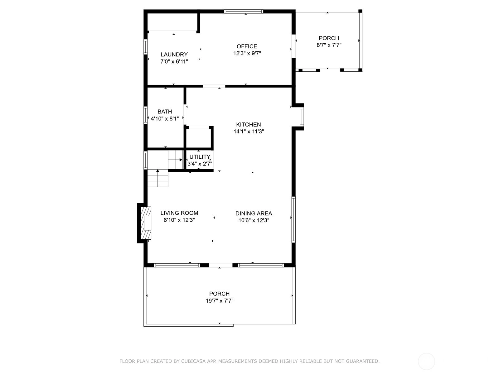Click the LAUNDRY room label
coord(174,55)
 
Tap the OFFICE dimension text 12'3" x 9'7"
coord(247,53)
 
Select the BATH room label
coord(165,112)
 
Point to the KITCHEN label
coord(249,124)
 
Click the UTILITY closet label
coord(200,157)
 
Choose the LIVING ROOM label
coord(179,213)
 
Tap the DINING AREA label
coord(254,213)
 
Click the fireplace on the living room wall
coord(146,223)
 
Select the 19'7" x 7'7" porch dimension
coord(220,301)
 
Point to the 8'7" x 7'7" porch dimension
coord(329,45)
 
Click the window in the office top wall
coord(244,11)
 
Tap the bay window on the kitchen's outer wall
coord(302,117)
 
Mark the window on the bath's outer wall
coord(146,115)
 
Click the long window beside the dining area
coord(293,220)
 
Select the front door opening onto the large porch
coord(220,265)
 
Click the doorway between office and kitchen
coord(214,86)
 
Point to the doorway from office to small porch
coord(293,46)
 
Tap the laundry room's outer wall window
coord(146,47)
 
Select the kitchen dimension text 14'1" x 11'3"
coord(249,132)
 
